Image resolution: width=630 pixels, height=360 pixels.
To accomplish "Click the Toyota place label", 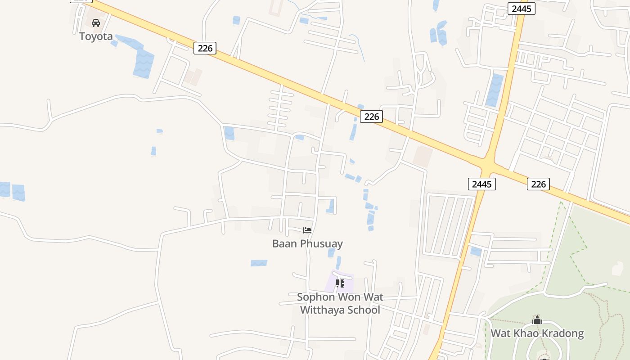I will pyautogui.click(x=96, y=36).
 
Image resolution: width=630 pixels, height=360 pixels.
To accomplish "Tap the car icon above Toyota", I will pyautogui.click(x=96, y=22).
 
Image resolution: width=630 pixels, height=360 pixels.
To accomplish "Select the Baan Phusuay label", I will pyautogui.click(x=307, y=243).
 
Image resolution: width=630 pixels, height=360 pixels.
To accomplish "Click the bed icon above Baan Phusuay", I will pyautogui.click(x=307, y=230).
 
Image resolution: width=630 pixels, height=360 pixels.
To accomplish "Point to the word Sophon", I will pyautogui.click(x=316, y=297).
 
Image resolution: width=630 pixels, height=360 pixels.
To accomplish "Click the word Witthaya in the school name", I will pyautogui.click(x=320, y=310).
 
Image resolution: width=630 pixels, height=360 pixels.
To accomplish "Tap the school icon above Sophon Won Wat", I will pyautogui.click(x=340, y=283).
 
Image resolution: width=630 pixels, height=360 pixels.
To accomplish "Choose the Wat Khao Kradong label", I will pyautogui.click(x=537, y=333).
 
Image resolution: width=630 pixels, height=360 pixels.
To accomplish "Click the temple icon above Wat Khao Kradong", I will pyautogui.click(x=537, y=320).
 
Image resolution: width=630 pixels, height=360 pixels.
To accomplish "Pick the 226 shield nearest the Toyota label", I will pyautogui.click(x=205, y=48).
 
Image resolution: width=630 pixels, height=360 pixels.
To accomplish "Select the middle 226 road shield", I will pyautogui.click(x=371, y=117).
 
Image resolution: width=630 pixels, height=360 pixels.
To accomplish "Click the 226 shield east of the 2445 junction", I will pyautogui.click(x=538, y=184).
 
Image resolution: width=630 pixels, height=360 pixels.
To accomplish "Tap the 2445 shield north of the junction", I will pyautogui.click(x=522, y=9).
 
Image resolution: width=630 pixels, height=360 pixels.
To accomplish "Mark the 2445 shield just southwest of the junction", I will pyautogui.click(x=482, y=184).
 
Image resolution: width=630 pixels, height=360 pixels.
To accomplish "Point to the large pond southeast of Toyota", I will pyautogui.click(x=144, y=63).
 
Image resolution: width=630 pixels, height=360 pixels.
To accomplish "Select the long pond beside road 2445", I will pyautogui.click(x=495, y=90).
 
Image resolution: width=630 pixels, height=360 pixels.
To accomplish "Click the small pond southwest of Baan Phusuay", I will pyautogui.click(x=259, y=263).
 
